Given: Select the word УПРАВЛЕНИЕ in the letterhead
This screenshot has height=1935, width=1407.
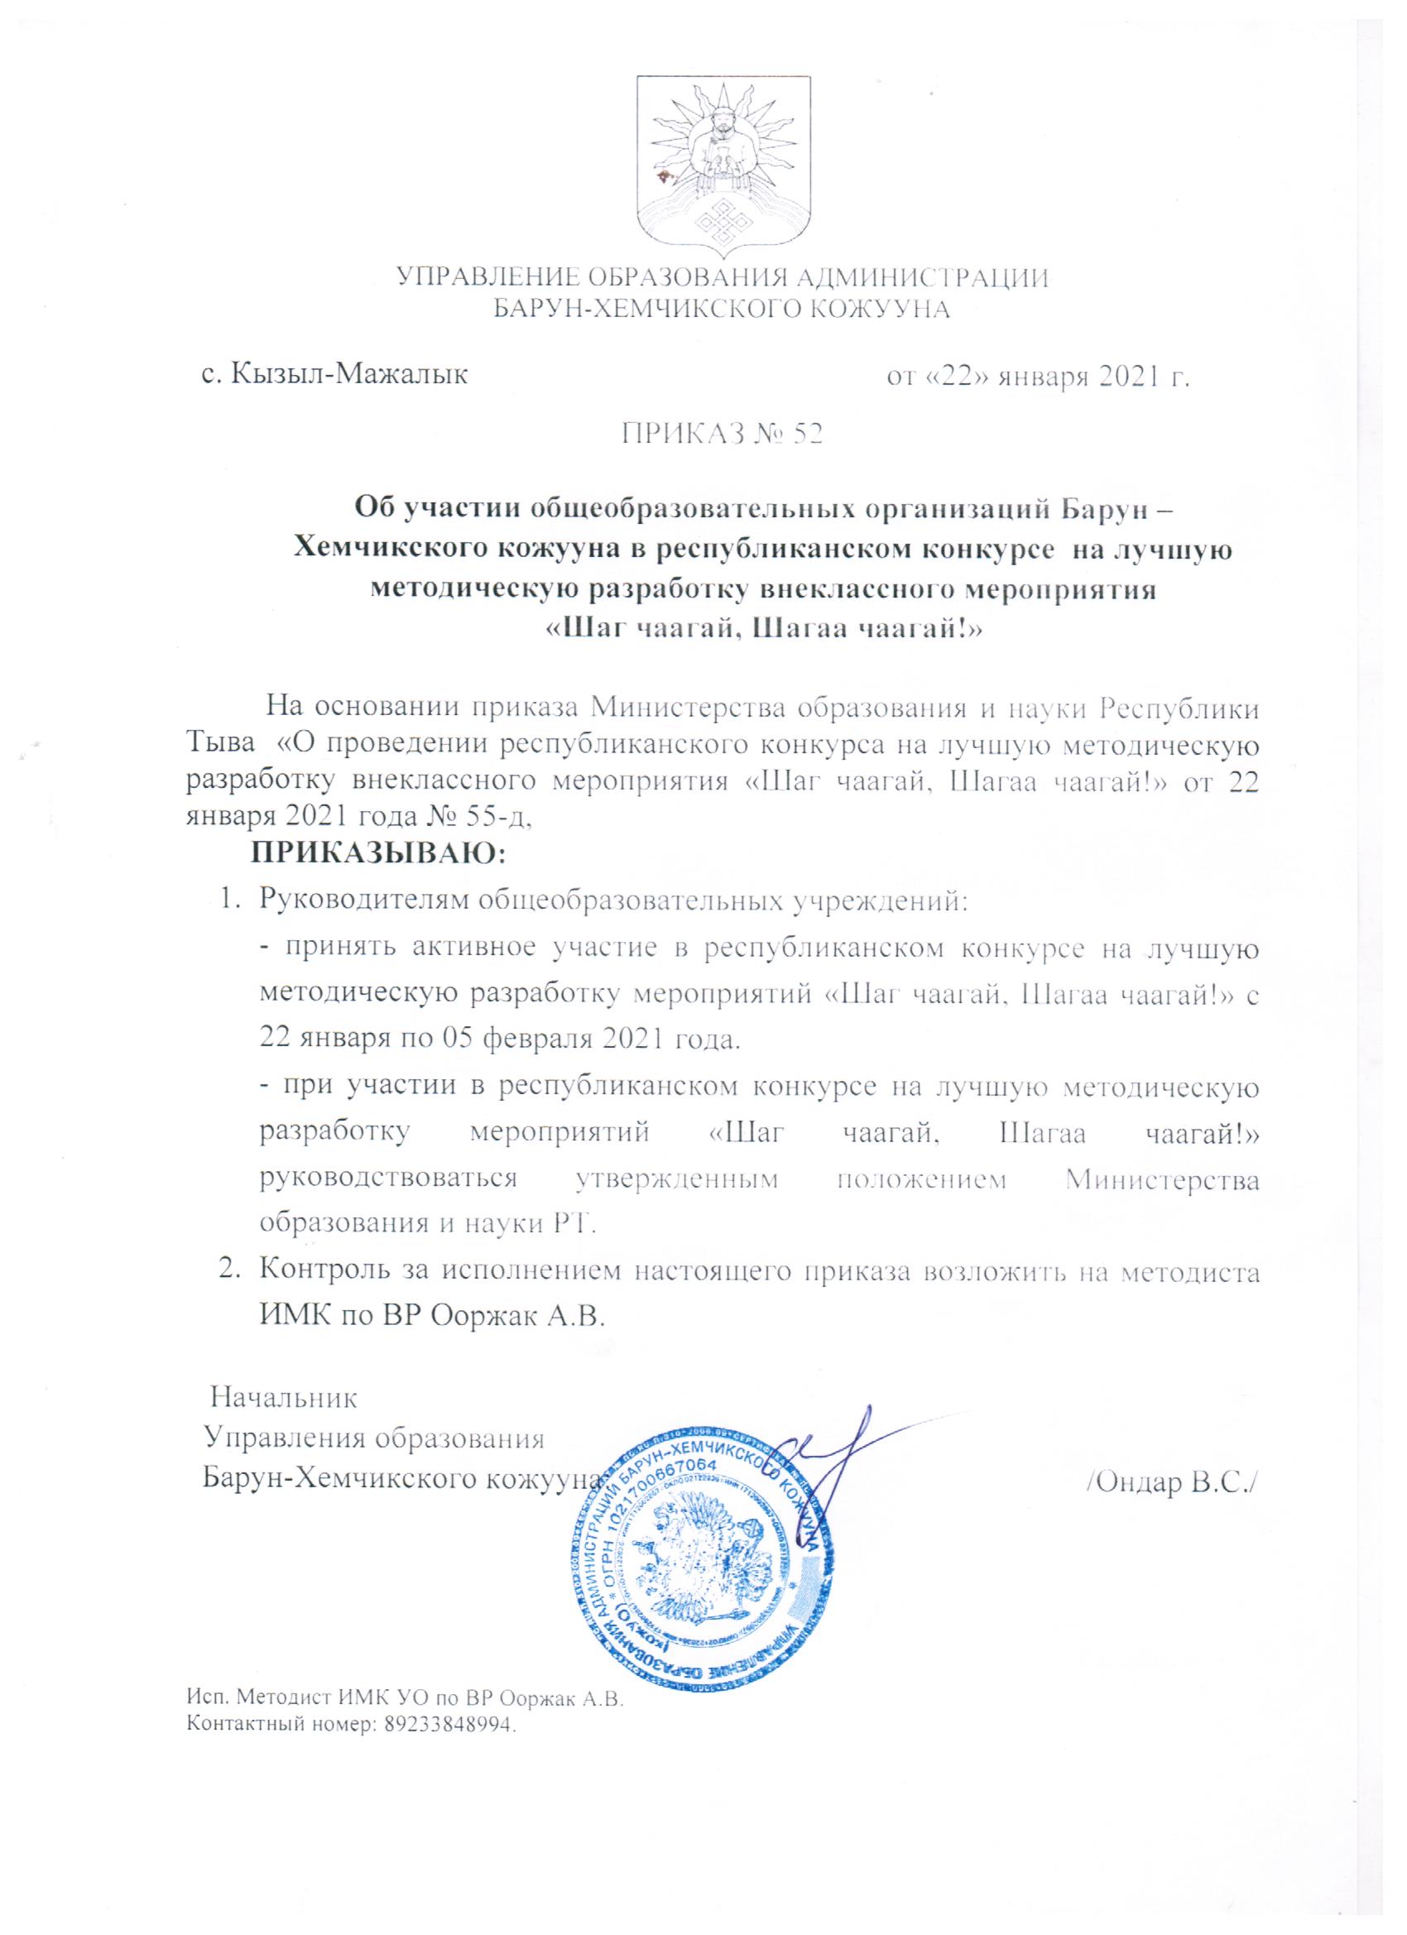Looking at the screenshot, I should pos(485,278).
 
